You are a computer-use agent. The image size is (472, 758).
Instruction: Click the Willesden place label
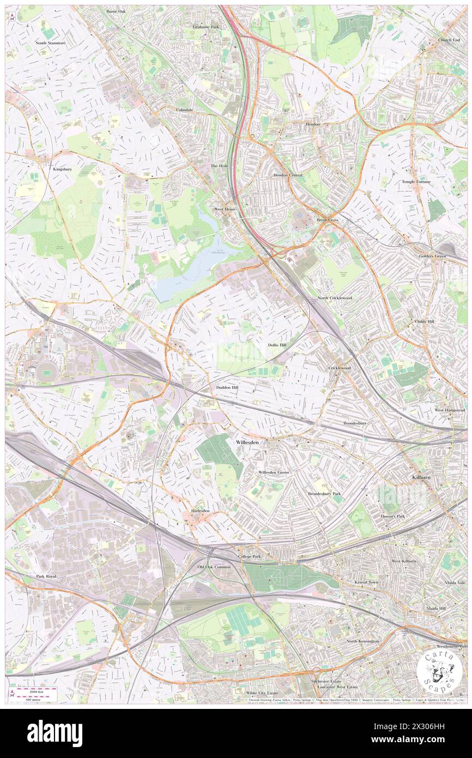coord(247,443)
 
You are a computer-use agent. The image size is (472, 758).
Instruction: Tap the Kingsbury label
coord(62,169)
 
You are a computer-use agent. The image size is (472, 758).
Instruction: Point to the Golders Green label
coord(449,256)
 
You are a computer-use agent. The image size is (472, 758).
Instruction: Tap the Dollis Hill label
coord(276,345)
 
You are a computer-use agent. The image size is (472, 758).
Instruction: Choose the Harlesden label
coord(200,511)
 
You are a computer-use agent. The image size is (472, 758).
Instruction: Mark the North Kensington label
coord(362,641)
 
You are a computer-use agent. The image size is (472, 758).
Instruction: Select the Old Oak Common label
coord(214,567)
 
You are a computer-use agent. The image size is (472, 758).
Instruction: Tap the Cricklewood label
coord(340,368)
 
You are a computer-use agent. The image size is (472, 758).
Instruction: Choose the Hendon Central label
coord(287,175)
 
